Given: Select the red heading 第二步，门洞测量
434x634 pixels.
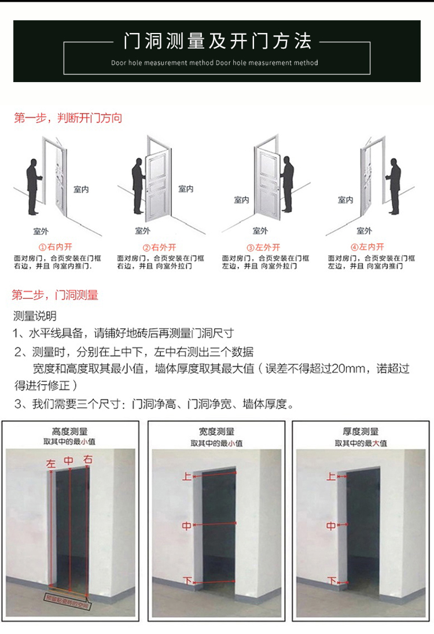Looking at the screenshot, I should [55, 295].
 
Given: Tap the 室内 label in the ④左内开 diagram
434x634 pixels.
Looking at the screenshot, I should [345, 200].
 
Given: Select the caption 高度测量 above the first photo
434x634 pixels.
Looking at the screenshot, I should [70, 432].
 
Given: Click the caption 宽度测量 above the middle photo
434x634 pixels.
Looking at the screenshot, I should [216, 432].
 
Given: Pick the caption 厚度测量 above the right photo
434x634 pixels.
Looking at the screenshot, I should [361, 432].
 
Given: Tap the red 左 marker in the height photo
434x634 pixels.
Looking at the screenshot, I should [51, 463].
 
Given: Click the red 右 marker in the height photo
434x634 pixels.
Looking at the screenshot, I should [87, 460].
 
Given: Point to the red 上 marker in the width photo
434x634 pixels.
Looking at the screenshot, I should [187, 477].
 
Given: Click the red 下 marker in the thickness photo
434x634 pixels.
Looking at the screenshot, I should [332, 581].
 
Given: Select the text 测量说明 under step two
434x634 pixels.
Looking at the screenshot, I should [35, 316].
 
